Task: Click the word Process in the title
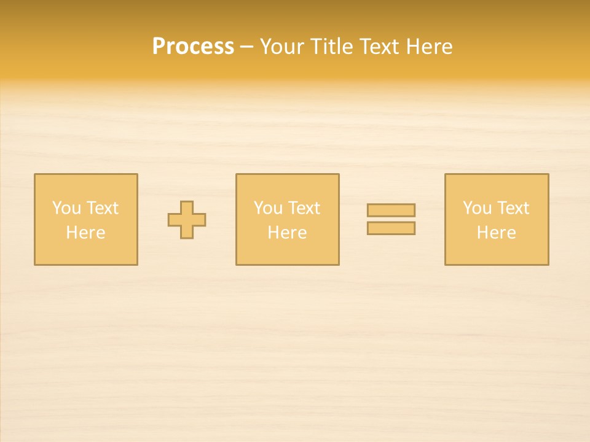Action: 193,47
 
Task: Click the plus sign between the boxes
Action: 187,220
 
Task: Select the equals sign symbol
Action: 391,219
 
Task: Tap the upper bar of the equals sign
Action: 391,210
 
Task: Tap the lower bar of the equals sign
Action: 391,228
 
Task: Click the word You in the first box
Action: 66,208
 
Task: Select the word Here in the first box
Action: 85,233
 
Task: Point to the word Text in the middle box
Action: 305,208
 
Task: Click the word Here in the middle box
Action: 287,233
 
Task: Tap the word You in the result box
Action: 477,208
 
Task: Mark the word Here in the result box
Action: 496,233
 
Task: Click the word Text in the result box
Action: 514,208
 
